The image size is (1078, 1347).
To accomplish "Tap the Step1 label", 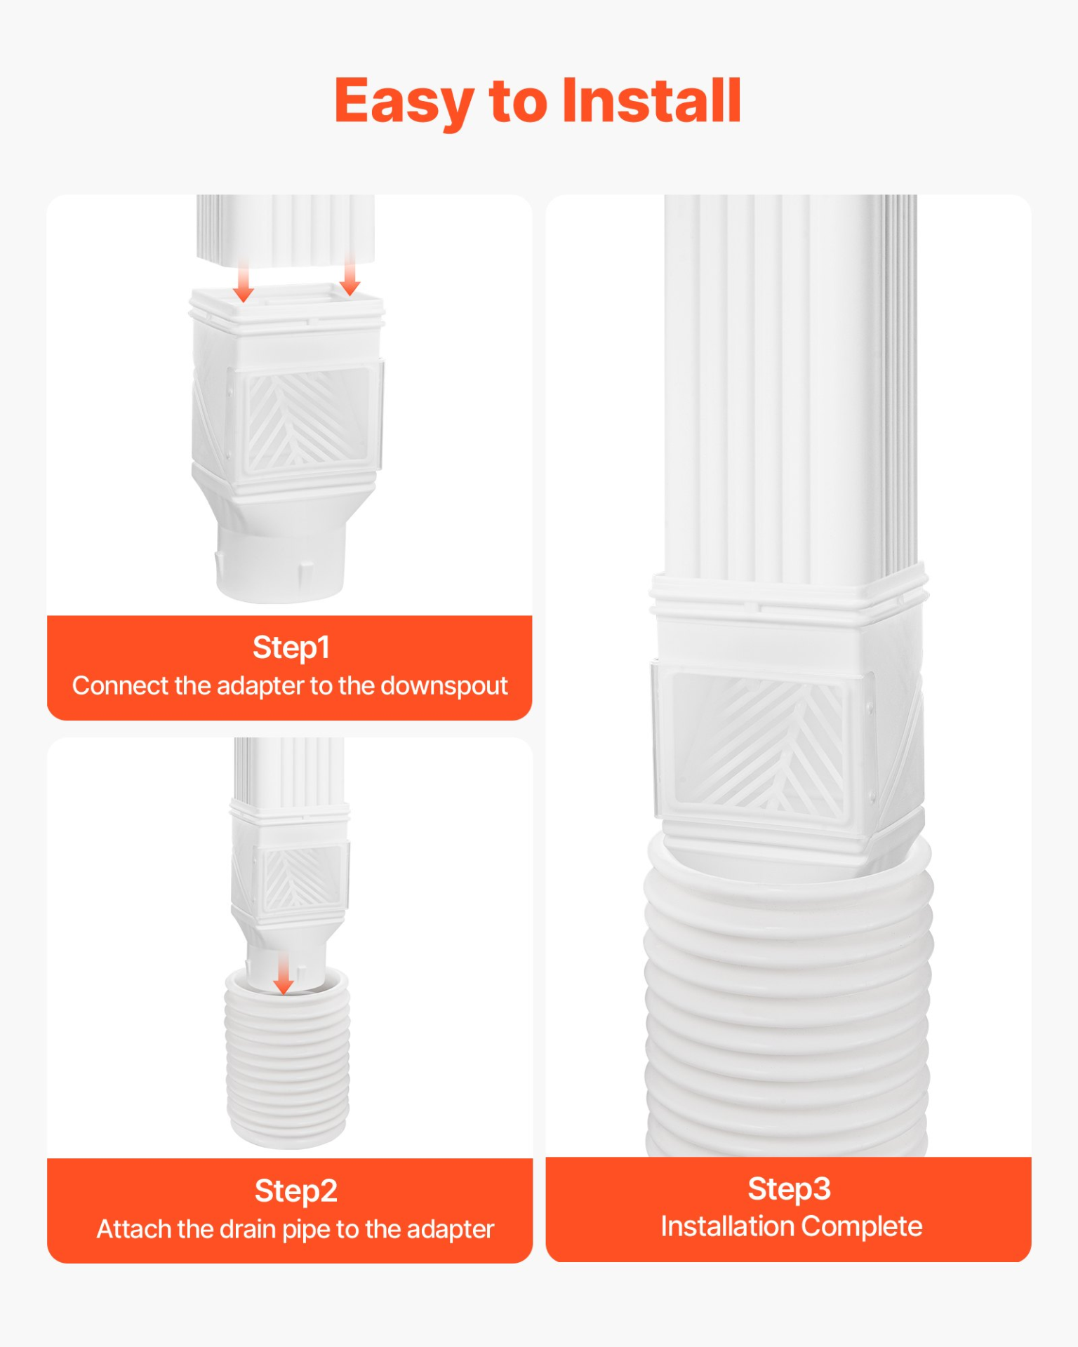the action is [x=291, y=648].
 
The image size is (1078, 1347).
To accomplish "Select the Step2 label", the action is [x=295, y=1191].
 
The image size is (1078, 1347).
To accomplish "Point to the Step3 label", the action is [x=789, y=1188].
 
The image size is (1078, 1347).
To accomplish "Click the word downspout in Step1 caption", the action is [x=444, y=685].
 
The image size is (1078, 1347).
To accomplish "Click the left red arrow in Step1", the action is [x=244, y=281].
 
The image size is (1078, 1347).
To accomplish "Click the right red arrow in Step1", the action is [x=350, y=277].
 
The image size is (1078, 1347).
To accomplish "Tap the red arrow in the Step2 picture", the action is [x=283, y=973].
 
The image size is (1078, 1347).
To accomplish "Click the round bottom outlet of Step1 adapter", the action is [x=281, y=561].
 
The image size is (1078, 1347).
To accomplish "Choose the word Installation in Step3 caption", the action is [x=727, y=1226].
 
